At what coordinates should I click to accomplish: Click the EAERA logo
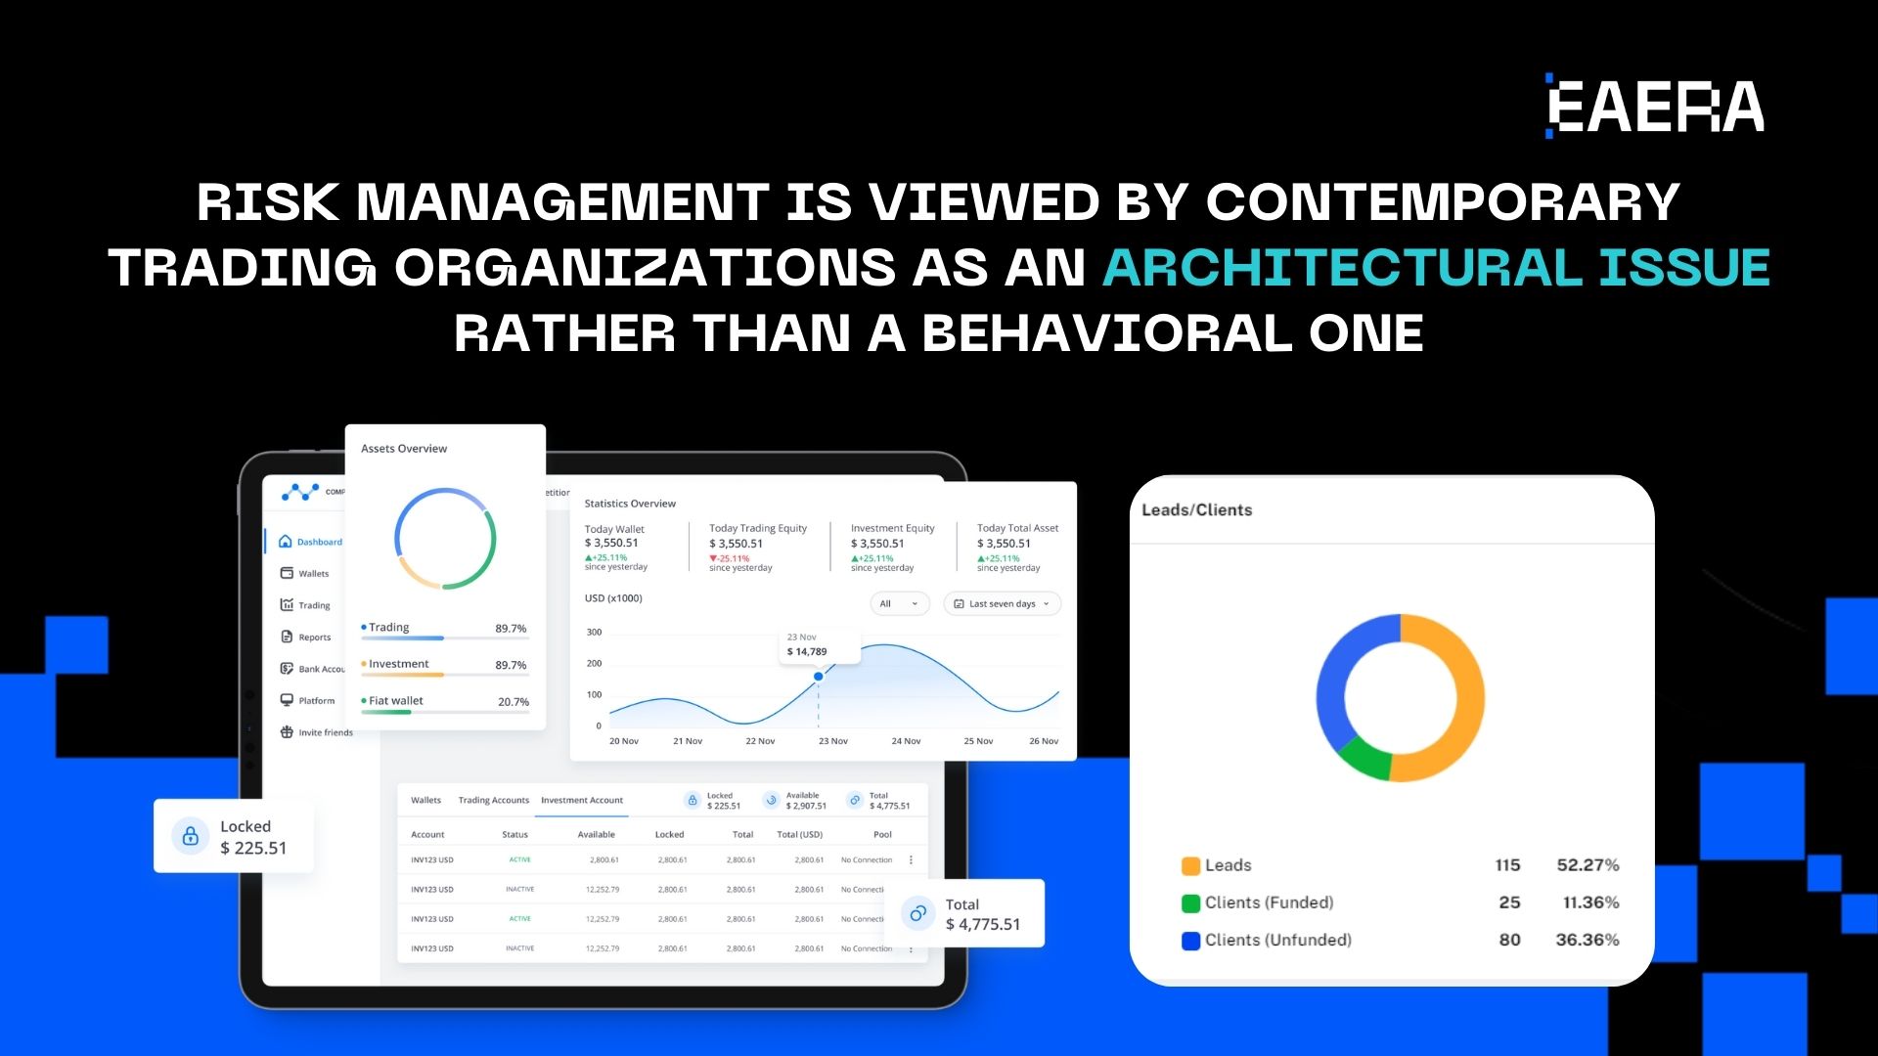[x=1655, y=106]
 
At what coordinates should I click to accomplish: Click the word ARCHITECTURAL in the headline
[x=1342, y=267]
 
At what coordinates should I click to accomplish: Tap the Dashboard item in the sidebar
[x=319, y=542]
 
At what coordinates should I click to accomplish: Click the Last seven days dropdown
[x=1002, y=604]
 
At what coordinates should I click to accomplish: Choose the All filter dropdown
[x=899, y=604]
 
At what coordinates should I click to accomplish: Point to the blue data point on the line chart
[x=819, y=677]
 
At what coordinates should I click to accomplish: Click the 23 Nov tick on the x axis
[x=832, y=741]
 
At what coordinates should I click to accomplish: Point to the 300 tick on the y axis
[x=595, y=633]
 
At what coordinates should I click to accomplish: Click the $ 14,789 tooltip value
[x=807, y=652]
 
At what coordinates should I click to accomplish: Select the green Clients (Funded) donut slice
[x=1364, y=758]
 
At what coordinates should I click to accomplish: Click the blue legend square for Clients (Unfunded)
[x=1190, y=941]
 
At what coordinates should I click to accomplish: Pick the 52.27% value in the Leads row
[x=1587, y=865]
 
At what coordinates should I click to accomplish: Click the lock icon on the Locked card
[x=191, y=836]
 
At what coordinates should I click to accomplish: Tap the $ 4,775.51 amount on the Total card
[x=983, y=925]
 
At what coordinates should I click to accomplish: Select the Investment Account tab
[x=582, y=801]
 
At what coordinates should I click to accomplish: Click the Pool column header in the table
[x=882, y=835]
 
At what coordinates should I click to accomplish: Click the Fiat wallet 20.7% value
[x=514, y=702]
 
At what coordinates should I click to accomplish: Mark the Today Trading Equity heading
[x=758, y=529]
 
